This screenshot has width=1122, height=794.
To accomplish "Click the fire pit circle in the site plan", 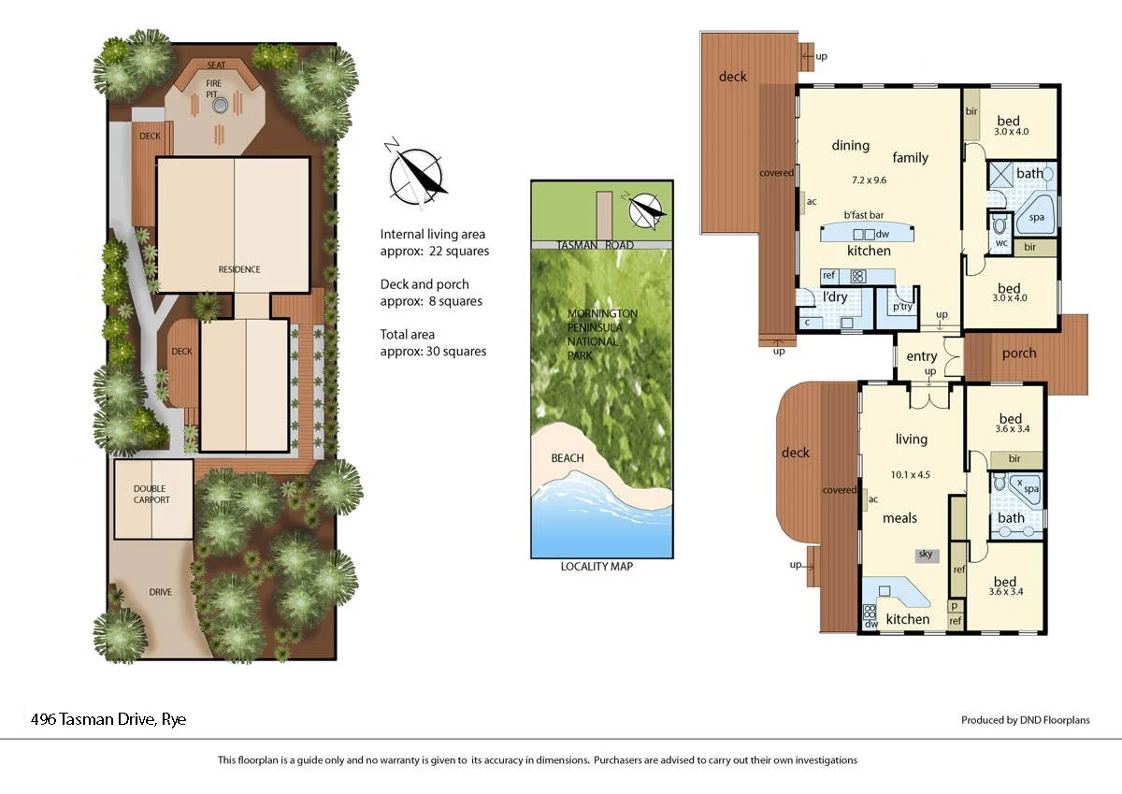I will (220, 106).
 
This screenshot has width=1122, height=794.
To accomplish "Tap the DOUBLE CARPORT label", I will (151, 494).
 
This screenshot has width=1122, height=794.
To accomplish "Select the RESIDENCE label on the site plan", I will (239, 269).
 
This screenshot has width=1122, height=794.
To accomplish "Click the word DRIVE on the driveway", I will (160, 592).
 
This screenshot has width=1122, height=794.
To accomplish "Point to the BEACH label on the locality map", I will (568, 458).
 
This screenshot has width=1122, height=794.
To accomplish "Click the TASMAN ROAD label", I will (596, 245).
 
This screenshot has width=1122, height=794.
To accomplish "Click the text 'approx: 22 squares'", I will (434, 252).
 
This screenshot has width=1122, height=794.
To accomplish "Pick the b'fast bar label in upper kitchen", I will (864, 215).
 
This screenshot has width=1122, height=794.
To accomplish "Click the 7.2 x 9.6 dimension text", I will (869, 180).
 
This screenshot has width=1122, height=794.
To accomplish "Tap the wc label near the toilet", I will (1001, 243).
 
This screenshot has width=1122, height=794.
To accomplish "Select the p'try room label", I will (902, 307).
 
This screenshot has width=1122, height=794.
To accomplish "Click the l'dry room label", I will (834, 297).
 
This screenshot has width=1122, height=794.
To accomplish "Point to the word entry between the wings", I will (921, 356).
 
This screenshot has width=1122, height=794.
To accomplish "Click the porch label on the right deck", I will (1019, 354).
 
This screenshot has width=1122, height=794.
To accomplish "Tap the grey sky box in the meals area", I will (926, 555).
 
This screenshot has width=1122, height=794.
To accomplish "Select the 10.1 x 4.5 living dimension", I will (911, 474).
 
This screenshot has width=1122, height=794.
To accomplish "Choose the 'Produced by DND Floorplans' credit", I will (1025, 720).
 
